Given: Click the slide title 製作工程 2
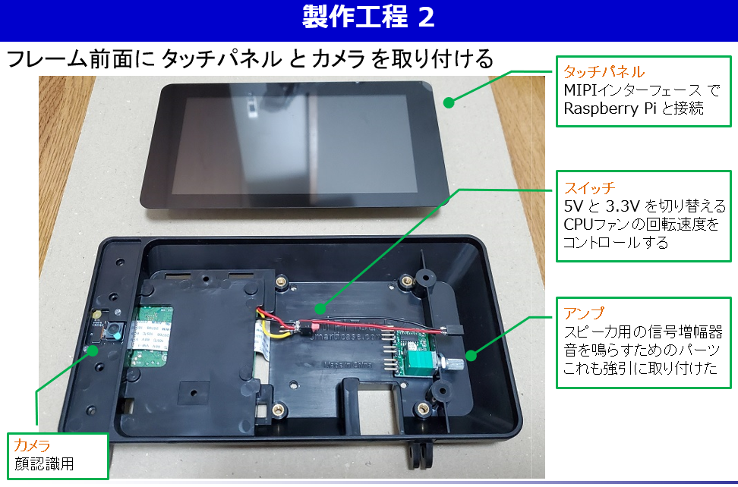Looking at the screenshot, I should tap(368, 19).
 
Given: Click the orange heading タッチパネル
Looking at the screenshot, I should tap(604, 73).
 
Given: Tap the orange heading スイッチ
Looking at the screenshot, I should tap(589, 187).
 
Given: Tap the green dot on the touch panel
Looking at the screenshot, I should tap(449, 102).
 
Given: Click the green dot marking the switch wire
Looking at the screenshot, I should tap(320, 309).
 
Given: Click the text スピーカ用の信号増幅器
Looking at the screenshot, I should tap(642, 333).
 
